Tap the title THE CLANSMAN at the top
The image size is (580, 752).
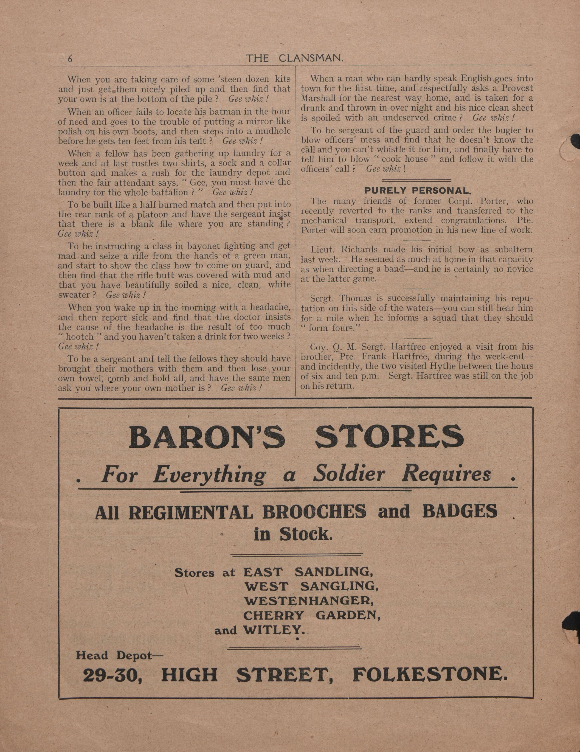(x=294, y=59)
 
